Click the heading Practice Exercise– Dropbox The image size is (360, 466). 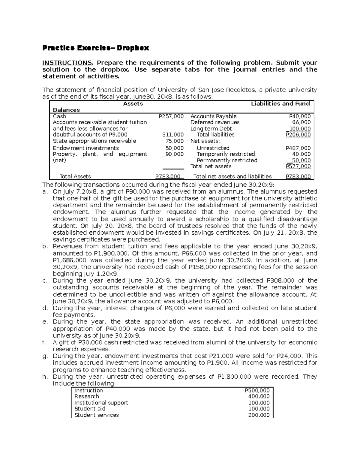96,48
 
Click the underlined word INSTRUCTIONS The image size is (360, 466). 67,63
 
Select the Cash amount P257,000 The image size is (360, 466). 171,116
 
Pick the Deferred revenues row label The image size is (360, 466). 215,122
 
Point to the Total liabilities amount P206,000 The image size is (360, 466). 298,135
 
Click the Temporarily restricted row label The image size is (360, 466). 226,154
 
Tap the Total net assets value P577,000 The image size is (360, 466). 298,167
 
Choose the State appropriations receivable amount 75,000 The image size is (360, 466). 175,141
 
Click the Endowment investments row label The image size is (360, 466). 86,148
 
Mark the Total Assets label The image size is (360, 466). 75,176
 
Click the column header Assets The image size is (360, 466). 133,104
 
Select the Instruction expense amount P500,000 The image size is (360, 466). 257,390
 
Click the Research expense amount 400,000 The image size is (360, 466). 259,396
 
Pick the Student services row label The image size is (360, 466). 97,415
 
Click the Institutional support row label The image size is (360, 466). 101,403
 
